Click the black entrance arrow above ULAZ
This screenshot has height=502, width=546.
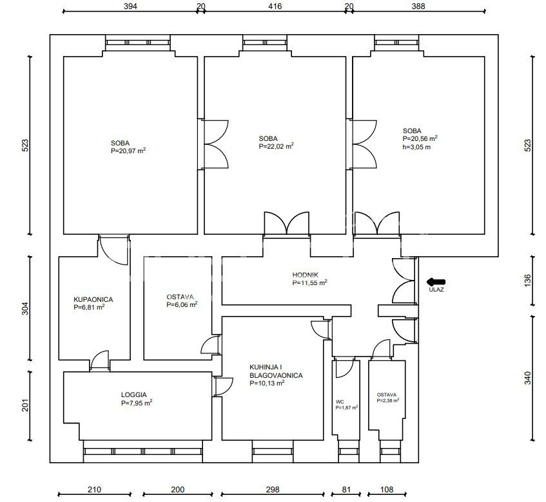(x=436, y=282)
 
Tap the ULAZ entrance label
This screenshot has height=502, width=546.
(x=436, y=289)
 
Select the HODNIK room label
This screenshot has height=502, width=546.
(x=305, y=275)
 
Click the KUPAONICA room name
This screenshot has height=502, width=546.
(x=93, y=299)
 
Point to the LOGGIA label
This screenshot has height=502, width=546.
(x=133, y=395)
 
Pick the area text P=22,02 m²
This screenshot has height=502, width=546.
(x=276, y=146)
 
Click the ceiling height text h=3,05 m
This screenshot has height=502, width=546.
(x=416, y=147)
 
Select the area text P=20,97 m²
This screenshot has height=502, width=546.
(x=128, y=151)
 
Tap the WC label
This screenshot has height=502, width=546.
(x=340, y=402)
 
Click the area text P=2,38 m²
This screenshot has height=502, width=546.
(x=388, y=400)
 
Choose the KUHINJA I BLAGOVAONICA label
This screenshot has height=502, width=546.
(x=276, y=371)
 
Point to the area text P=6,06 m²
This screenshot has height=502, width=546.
(x=182, y=304)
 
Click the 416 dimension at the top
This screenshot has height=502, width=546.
(x=275, y=6)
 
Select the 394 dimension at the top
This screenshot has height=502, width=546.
(x=130, y=6)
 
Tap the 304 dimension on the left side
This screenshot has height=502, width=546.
(x=25, y=308)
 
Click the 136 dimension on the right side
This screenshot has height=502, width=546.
(x=528, y=281)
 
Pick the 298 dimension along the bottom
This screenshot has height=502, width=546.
(x=273, y=490)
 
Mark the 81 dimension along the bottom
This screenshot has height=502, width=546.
(x=346, y=490)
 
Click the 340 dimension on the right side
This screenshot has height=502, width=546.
(x=528, y=378)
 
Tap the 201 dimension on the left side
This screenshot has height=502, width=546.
(x=25, y=405)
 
